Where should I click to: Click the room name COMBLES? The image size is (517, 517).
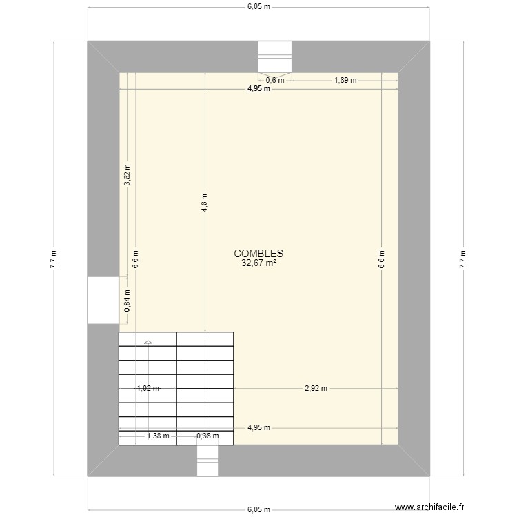click(x=258, y=253)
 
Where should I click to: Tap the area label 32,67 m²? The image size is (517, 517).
click(x=258, y=262)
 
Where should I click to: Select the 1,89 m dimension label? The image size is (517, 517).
click(x=345, y=80)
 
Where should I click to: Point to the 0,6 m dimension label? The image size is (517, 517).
click(x=275, y=80)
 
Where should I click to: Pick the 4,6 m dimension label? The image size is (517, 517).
click(x=205, y=203)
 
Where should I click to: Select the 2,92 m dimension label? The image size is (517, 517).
click(x=316, y=388)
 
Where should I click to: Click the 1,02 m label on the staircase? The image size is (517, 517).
click(x=148, y=388)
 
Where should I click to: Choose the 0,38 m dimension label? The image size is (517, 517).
click(x=207, y=436)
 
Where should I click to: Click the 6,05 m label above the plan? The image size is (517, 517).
click(x=258, y=7)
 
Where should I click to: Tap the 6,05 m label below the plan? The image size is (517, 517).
click(x=258, y=510)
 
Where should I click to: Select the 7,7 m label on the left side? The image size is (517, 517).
click(x=54, y=258)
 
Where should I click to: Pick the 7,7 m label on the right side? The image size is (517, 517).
click(x=463, y=258)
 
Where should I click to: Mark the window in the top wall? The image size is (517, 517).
click(x=275, y=57)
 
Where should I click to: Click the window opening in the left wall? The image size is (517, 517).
click(x=103, y=300)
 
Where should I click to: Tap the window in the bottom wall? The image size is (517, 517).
click(x=207, y=460)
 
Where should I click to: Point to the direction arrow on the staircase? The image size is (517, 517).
click(x=148, y=341)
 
